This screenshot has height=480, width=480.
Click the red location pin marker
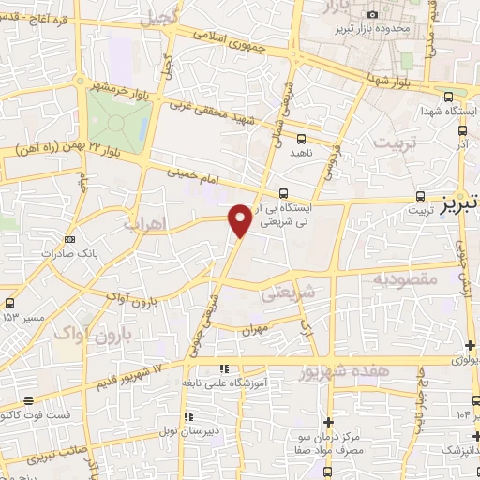pyautogui.click(x=241, y=219)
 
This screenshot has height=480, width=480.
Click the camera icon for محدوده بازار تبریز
pyautogui.click(x=372, y=14)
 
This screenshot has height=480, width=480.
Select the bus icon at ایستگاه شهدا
pyautogui.click(x=447, y=96)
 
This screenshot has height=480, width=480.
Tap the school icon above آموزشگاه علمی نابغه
pyautogui.click(x=222, y=369)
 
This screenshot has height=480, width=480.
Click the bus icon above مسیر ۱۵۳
pyautogui.click(x=9, y=304)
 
